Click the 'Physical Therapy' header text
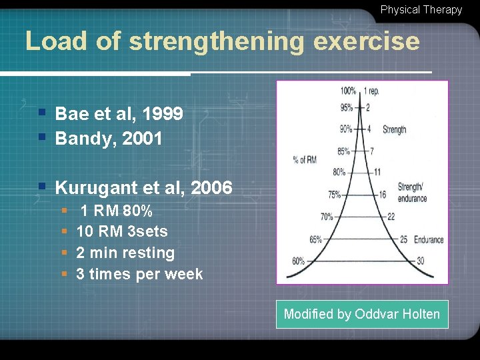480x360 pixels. pos(421,9)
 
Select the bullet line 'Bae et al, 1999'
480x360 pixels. pos(119,114)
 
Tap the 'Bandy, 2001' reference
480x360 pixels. pos(108,139)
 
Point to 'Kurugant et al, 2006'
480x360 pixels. pos(143,188)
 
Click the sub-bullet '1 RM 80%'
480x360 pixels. pos(116,211)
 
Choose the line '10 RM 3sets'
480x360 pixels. pos(122,232)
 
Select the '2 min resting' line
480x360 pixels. pos(125,253)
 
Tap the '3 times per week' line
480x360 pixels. pos(139,274)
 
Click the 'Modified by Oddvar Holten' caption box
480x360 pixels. pos(362,314)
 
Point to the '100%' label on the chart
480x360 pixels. pos(348,91)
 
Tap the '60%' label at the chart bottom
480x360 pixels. pos(298,261)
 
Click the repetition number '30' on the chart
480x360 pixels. pos(419,261)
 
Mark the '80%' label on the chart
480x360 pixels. pos(339,171)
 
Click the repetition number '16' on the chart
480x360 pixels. pos(382,195)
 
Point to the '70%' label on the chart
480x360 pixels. pos(327,217)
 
